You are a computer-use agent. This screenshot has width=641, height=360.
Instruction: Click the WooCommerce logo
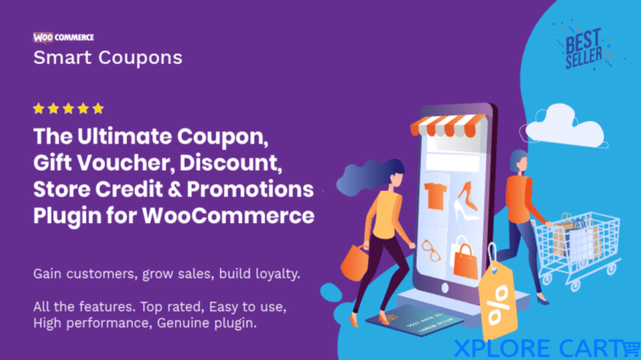tap(63, 37)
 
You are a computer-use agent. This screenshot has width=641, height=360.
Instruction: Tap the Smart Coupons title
tap(107, 58)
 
